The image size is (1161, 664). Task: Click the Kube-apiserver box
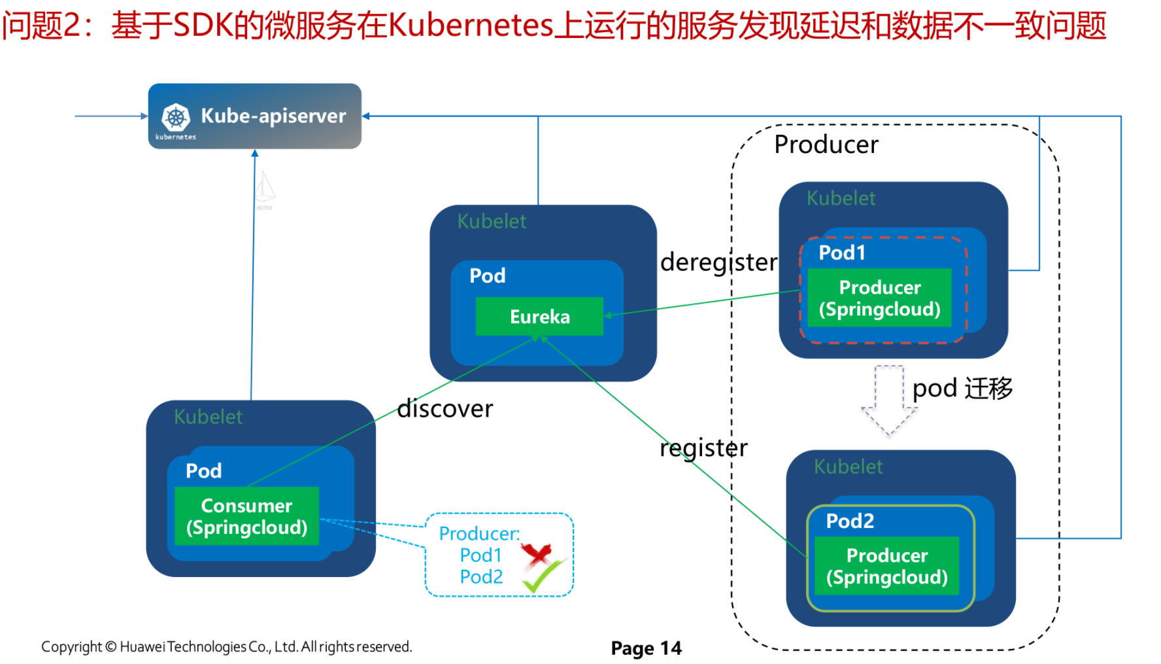(255, 116)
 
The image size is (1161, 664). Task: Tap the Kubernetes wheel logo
(176, 118)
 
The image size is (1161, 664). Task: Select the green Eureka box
(539, 317)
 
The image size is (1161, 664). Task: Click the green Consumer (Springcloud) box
(246, 516)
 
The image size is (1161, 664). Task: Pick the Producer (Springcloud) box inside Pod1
(879, 298)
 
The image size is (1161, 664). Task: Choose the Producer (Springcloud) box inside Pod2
(886, 566)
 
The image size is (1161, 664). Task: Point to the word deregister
(718, 262)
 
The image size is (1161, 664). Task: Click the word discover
(445, 409)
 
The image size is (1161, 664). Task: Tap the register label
(703, 448)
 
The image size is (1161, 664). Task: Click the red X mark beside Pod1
(537, 555)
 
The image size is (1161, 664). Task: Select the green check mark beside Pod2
(543, 576)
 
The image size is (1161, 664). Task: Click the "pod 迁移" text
(962, 389)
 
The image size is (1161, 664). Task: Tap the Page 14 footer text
(646, 648)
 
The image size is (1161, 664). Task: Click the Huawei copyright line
(226, 647)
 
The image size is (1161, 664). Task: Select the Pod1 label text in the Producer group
(842, 253)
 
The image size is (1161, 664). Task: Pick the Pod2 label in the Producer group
(850, 521)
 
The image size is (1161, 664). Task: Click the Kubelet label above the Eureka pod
(492, 222)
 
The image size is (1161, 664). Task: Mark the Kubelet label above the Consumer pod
(208, 417)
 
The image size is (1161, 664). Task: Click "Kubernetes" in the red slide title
(471, 26)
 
